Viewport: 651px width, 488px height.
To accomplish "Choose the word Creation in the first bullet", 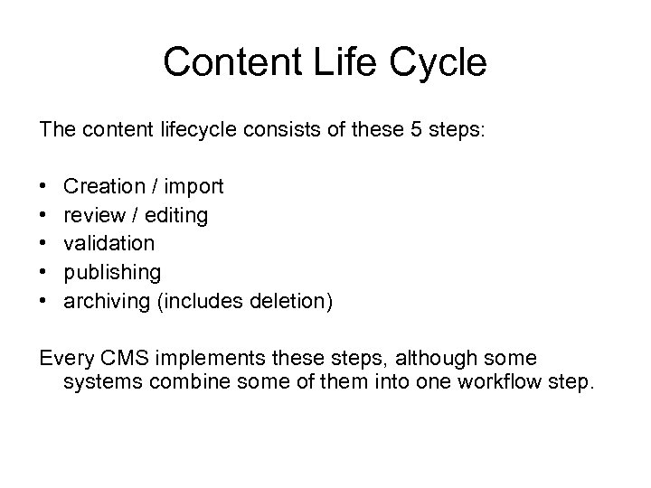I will click(x=104, y=186).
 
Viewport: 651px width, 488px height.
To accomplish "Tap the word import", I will click(x=193, y=187).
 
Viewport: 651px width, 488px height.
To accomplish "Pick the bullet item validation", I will click(x=108, y=243).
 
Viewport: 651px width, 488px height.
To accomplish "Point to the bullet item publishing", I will click(x=112, y=272).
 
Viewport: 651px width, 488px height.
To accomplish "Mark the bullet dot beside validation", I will click(x=43, y=244).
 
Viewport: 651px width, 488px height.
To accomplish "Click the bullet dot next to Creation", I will click(x=43, y=187).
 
